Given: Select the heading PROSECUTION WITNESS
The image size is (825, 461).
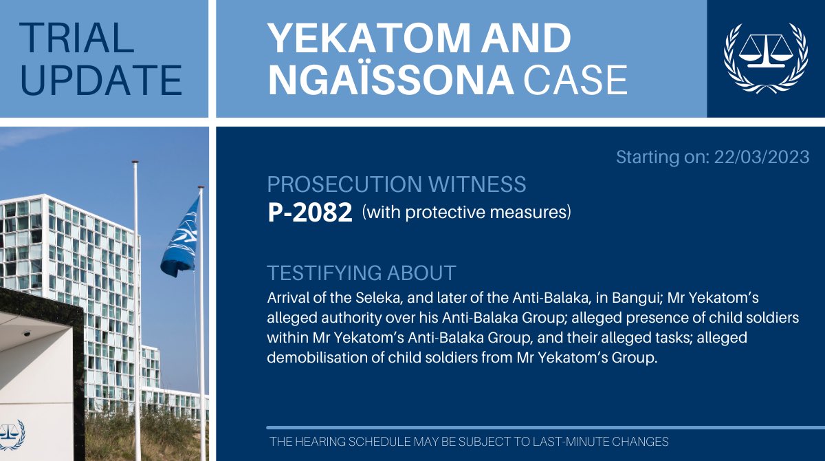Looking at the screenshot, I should click(397, 184).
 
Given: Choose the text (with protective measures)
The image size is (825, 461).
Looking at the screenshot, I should click(467, 213).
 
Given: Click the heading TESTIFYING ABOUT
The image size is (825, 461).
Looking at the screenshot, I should click(362, 272).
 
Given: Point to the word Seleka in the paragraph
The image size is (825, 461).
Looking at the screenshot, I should click(375, 300).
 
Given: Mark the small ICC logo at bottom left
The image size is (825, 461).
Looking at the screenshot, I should click(12, 433).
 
